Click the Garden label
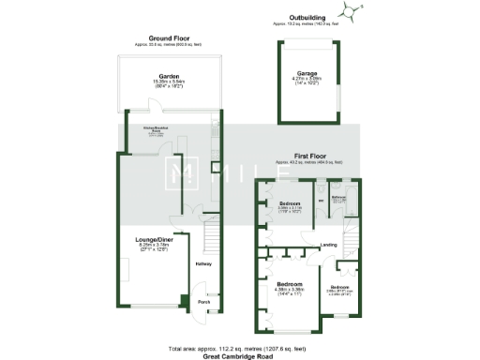[169, 76]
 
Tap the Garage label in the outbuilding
[307, 72]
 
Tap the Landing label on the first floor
[328, 245]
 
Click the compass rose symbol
[352, 12]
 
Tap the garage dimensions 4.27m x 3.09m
[307, 78]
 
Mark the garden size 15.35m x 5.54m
[169, 82]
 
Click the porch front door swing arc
[214, 306]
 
